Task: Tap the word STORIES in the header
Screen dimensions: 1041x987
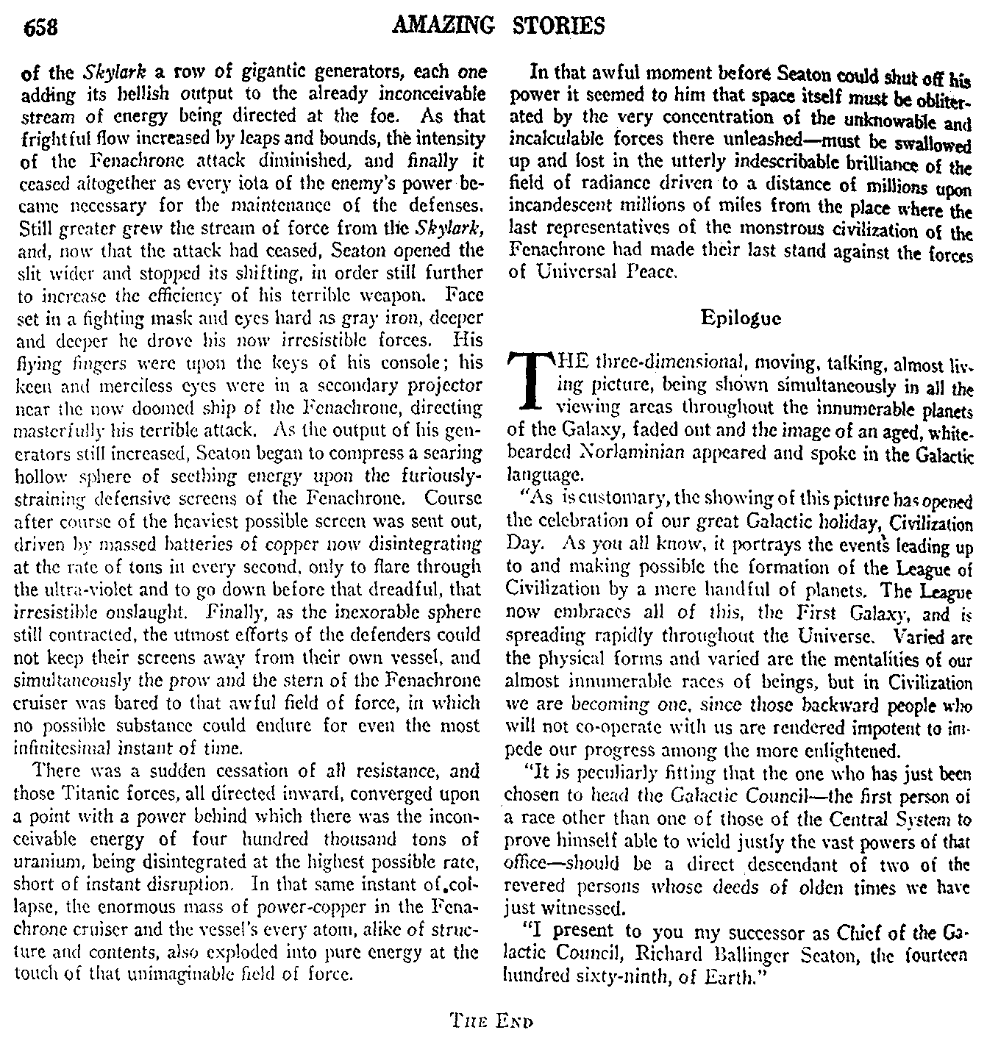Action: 562,26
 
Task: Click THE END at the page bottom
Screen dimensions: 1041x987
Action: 492,1020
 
